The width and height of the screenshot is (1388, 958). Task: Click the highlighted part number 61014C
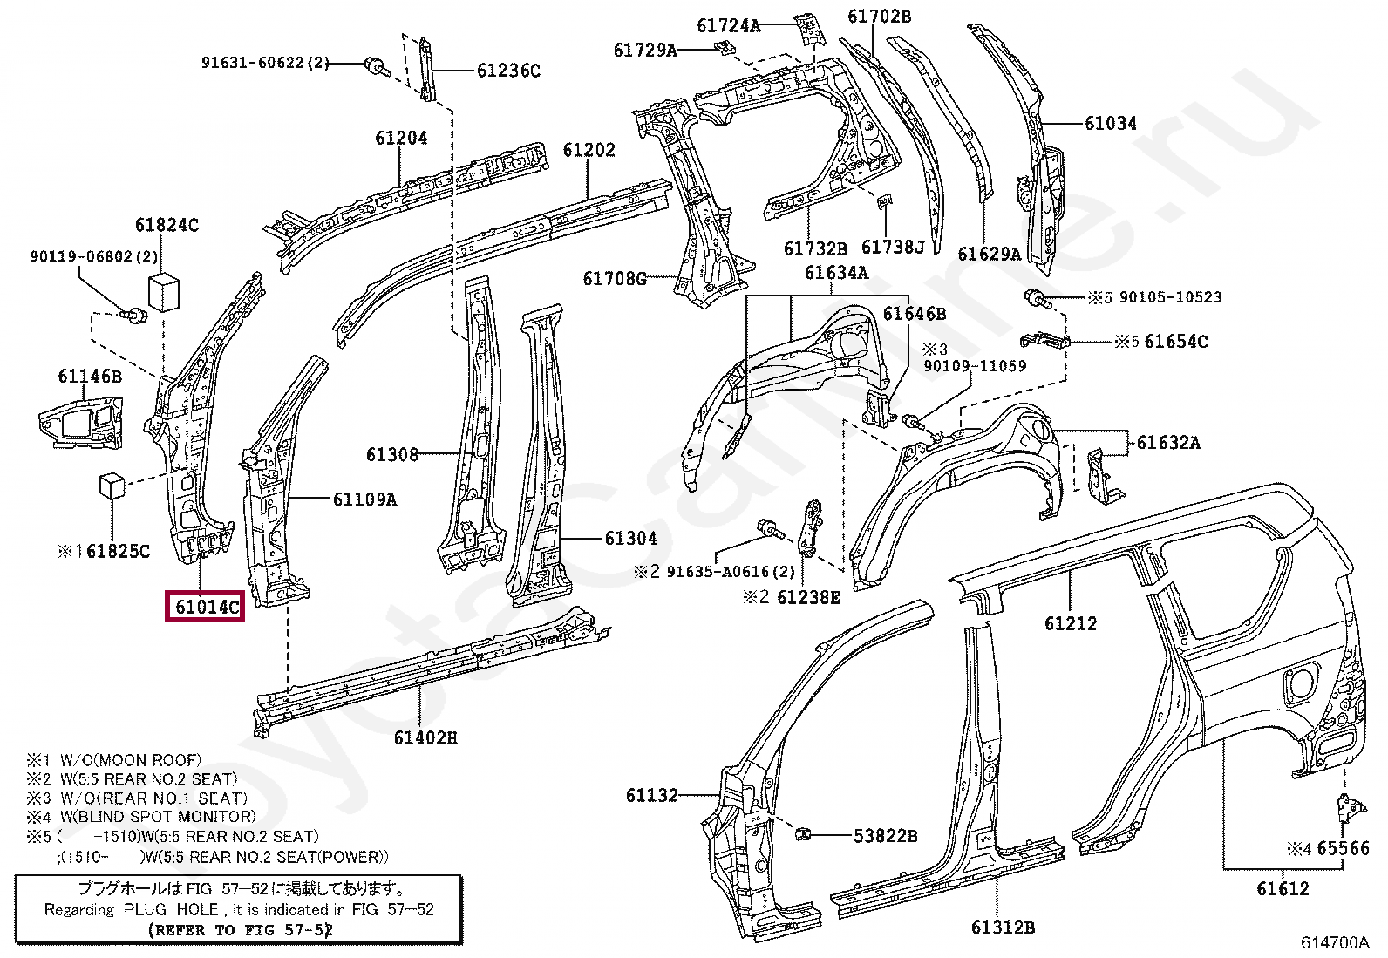click(206, 605)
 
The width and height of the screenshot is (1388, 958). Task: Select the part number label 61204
click(401, 138)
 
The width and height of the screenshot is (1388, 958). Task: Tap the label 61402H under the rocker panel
click(425, 737)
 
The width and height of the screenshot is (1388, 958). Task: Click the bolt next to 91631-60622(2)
click(376, 65)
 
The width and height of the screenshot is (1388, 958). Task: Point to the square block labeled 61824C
click(163, 290)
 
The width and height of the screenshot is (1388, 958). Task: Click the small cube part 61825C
click(112, 486)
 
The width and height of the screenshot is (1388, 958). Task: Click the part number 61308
click(391, 454)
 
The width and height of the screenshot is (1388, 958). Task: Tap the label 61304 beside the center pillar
click(630, 538)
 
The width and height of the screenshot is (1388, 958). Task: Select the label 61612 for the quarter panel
click(1283, 888)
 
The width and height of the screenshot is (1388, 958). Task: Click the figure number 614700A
click(1334, 942)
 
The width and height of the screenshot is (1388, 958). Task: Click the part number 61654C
click(1175, 342)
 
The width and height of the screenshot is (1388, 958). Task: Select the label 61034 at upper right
click(1110, 123)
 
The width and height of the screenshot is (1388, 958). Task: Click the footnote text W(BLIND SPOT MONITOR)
click(158, 817)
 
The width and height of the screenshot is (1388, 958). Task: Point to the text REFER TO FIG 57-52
click(240, 930)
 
